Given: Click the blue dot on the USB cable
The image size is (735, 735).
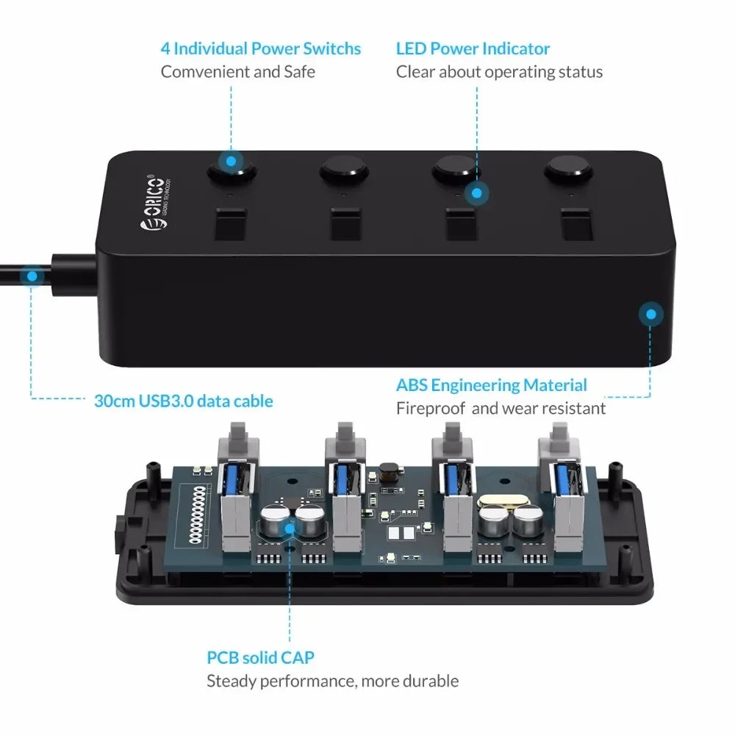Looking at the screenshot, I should point(32,277).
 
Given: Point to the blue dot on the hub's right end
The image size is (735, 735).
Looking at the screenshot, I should point(650,314).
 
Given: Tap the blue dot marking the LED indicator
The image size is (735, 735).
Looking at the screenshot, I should point(477,194).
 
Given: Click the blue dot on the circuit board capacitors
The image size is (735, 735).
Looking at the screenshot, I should point(288,527).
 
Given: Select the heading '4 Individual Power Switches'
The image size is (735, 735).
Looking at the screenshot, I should point(261,49).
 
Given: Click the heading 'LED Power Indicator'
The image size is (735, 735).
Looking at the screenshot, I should point(473,49).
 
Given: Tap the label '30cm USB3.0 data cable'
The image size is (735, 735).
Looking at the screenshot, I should point(183,401).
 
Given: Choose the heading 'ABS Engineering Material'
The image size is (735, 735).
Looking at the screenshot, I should point(491,385).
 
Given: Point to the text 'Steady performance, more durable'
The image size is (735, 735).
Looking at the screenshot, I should point(332,681).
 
